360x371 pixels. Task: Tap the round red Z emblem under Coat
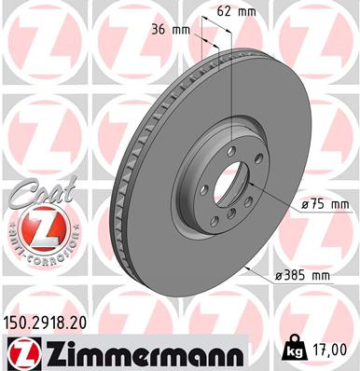tap(37, 227)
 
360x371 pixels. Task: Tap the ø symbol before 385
tap(281, 277)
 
